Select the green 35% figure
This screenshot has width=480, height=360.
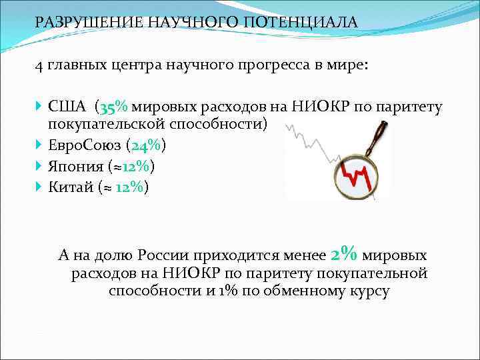click(x=116, y=107)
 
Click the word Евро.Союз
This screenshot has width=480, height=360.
click(x=88, y=145)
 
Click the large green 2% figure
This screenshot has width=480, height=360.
click(x=344, y=254)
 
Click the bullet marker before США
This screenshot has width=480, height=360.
click(x=39, y=107)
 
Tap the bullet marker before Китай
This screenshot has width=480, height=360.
click(x=39, y=187)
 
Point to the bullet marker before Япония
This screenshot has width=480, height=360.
click(x=39, y=166)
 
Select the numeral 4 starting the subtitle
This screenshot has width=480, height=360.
click(x=39, y=66)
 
